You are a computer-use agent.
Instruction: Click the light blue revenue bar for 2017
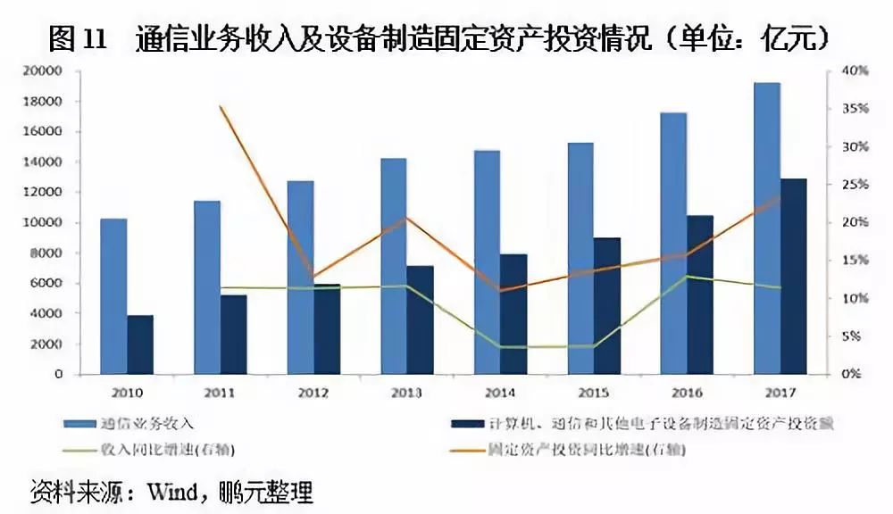click(x=767, y=228)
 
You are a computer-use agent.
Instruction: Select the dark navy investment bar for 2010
click(x=140, y=344)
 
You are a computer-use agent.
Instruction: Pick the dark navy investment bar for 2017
click(x=794, y=276)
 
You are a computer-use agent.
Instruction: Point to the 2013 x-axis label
click(x=406, y=392)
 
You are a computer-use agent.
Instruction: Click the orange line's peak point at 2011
click(x=220, y=107)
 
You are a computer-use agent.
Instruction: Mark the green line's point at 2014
click(x=499, y=346)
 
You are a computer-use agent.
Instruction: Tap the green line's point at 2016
click(x=686, y=277)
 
